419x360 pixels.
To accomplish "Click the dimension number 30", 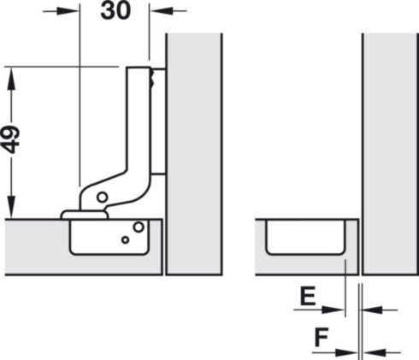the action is (x=115, y=10).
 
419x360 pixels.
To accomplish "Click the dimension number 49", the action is (x=11, y=139).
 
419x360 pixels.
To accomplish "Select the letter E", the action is (x=308, y=296).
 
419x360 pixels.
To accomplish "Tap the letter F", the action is (x=322, y=337).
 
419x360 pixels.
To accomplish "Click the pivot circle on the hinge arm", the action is (x=103, y=197).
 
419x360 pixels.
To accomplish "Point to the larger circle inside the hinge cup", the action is (x=139, y=227).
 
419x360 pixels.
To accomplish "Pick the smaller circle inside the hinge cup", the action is (x=125, y=239).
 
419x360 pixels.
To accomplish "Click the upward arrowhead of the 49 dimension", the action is (x=11, y=78).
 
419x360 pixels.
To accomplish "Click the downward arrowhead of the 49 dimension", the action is (x=11, y=207).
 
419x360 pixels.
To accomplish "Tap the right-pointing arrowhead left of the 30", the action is (x=68, y=11).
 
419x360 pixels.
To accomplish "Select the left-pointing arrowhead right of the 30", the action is (x=162, y=11).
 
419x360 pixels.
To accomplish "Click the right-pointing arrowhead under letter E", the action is (x=333, y=310).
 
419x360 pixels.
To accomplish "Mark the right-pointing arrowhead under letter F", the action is (x=346, y=352).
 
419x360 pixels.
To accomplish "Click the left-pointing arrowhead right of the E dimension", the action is (x=373, y=310).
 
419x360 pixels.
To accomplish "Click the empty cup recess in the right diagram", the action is (x=305, y=237).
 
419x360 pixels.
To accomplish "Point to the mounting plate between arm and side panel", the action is (x=158, y=121).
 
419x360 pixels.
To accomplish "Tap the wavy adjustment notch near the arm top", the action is (x=152, y=78).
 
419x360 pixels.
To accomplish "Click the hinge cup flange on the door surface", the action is (x=85, y=215).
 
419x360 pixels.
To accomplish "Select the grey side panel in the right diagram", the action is (x=391, y=154).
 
